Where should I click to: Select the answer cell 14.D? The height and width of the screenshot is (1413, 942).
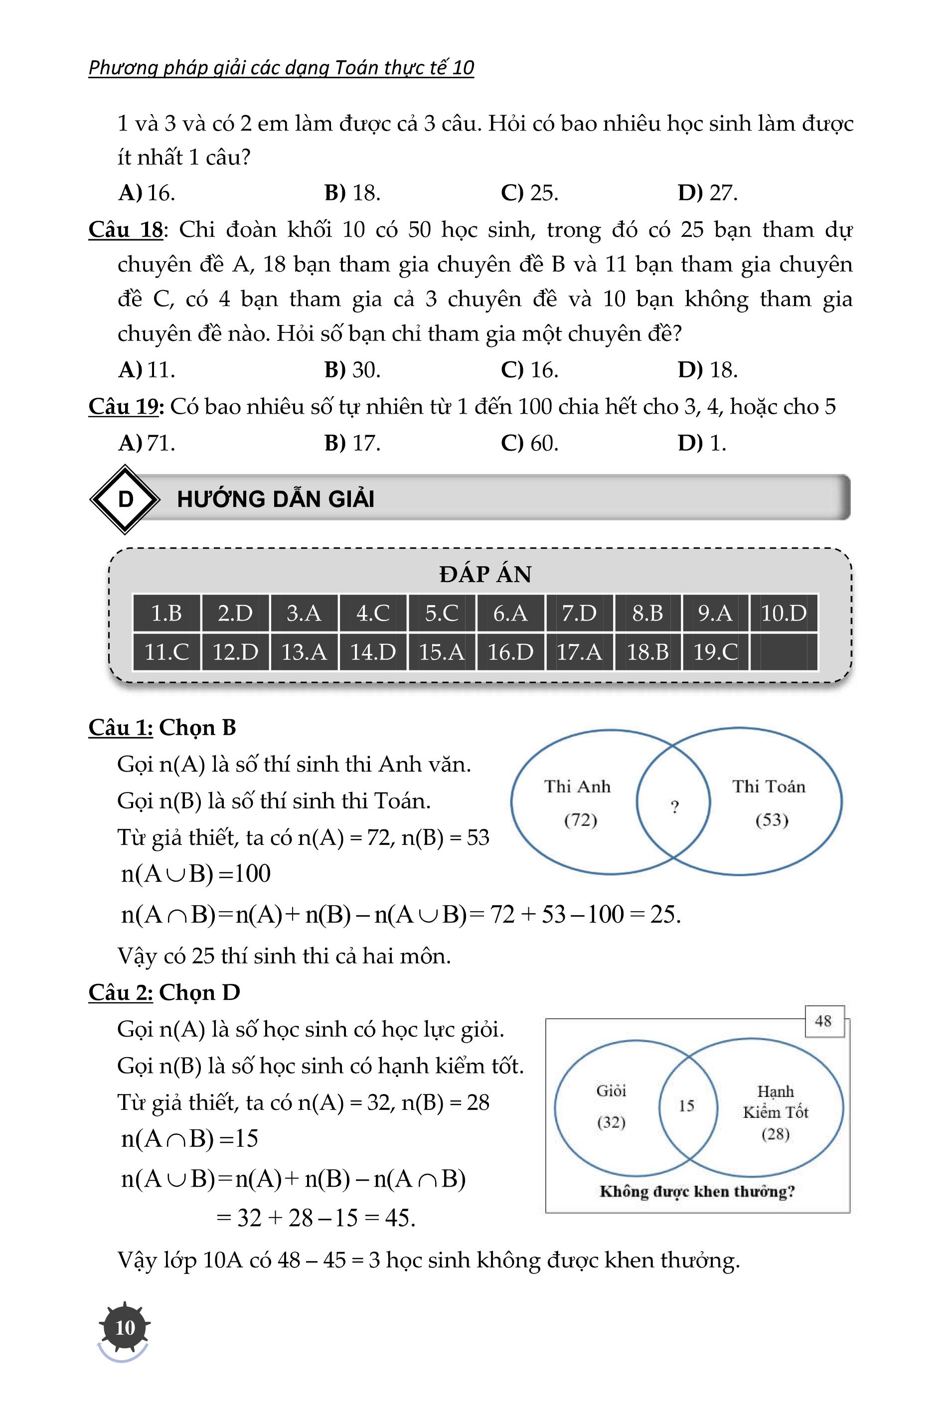373,651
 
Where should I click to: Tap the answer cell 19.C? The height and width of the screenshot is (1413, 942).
716,651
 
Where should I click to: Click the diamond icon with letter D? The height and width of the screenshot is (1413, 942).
125,499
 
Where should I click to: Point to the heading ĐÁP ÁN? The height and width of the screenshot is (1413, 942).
485,574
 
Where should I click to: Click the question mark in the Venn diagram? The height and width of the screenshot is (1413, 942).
675,807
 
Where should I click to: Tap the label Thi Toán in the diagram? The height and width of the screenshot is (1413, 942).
769,786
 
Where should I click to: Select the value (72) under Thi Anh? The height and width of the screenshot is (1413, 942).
580,819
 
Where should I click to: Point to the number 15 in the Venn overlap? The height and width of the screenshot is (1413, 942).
687,1105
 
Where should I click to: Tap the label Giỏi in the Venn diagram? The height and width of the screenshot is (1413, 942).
611,1091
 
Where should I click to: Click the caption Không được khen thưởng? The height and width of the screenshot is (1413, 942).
697,1191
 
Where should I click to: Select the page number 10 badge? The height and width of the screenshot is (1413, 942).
125,1327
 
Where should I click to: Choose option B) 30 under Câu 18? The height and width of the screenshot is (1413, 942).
353,369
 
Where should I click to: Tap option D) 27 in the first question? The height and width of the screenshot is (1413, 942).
707,192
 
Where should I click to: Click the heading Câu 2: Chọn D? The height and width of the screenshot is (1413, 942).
164,992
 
